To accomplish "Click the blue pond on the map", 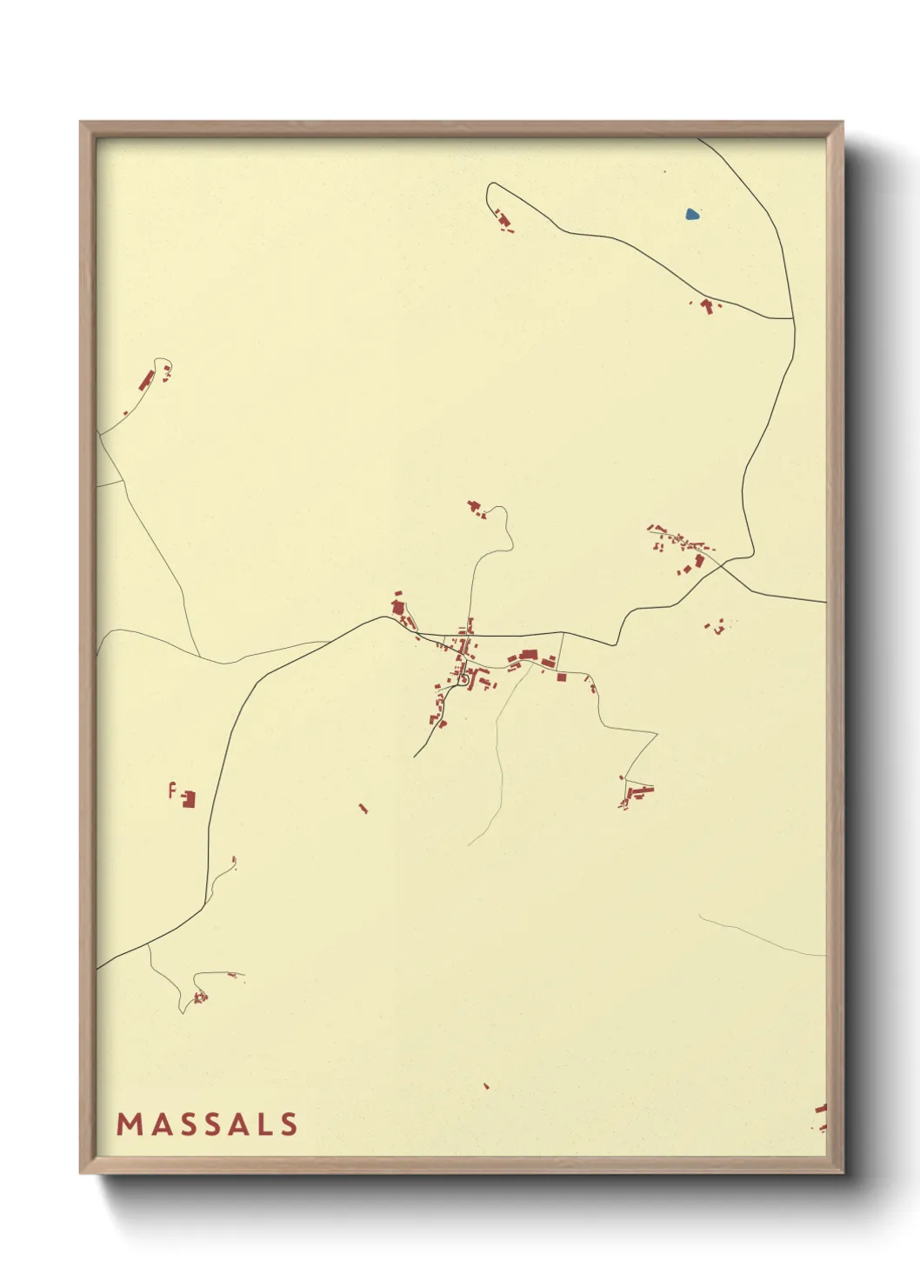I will [692, 214].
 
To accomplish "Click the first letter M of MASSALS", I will [130, 1124].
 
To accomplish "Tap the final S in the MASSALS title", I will [289, 1124].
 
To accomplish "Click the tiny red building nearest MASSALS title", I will [486, 1086].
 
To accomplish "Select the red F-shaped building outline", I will [172, 790].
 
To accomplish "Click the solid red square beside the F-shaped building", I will [188, 798].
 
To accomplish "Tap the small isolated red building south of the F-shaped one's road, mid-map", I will [363, 809].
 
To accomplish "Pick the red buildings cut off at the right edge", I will [820, 1117].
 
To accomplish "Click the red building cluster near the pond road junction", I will [707, 306].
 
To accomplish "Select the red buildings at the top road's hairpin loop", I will [503, 222].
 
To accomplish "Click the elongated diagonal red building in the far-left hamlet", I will [146, 382].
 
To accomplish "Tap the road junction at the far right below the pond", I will [793, 318].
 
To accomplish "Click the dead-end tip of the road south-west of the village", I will [414, 757].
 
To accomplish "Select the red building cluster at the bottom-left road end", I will [200, 997].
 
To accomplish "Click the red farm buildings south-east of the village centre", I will [637, 794].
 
